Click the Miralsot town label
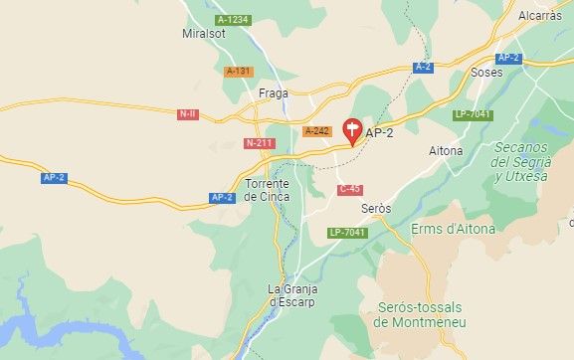point(205,34)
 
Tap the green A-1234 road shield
point(233,20)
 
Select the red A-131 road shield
point(239,71)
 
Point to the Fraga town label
point(273,93)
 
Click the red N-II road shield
point(187,114)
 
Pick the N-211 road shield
point(259,143)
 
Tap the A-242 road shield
point(316,131)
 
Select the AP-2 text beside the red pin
point(380,132)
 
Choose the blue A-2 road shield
point(423,67)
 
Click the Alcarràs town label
point(540,16)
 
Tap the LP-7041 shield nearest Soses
point(474,114)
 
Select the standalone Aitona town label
point(445,150)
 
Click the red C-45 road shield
point(349,189)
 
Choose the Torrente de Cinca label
point(267,190)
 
